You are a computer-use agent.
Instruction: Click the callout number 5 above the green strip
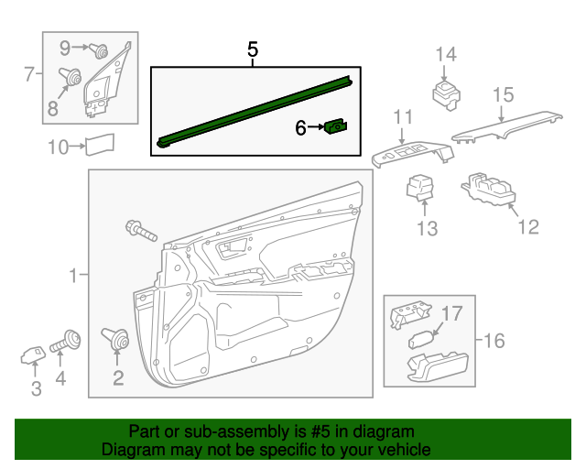(253, 50)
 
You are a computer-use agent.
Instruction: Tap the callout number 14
(445, 54)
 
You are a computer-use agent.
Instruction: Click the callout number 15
(503, 94)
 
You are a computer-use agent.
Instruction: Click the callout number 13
(428, 229)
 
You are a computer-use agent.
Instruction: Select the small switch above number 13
(420, 185)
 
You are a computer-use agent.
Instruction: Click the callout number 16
(494, 342)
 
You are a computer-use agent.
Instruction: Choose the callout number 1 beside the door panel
(72, 274)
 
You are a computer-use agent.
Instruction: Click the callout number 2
(118, 377)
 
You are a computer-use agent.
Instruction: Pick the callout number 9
(65, 46)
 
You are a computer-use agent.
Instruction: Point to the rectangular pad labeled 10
(98, 145)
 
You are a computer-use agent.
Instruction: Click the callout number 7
(28, 72)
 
